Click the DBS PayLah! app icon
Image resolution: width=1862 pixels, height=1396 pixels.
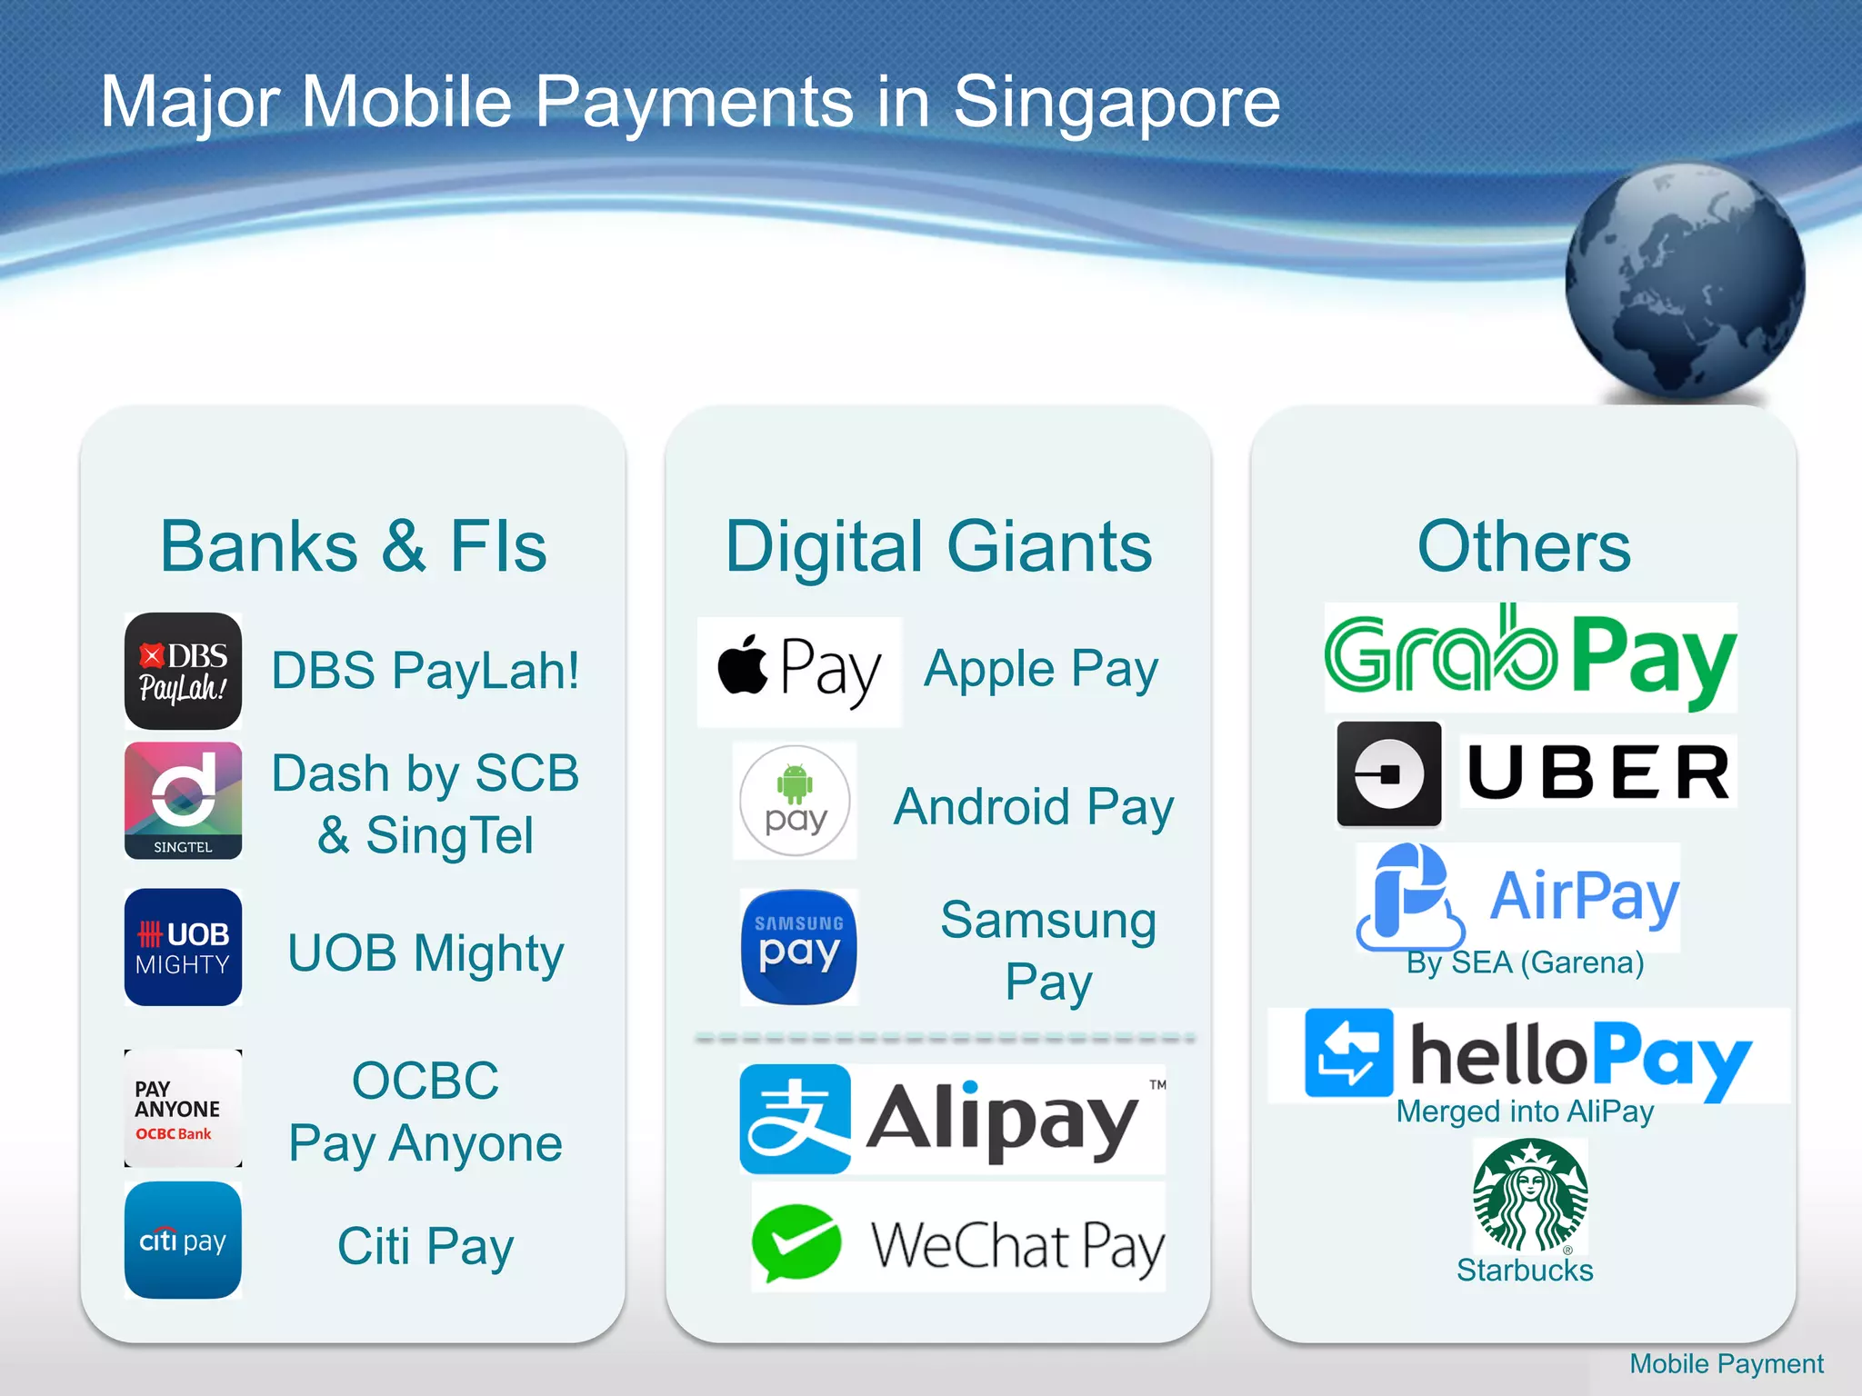pos(183,671)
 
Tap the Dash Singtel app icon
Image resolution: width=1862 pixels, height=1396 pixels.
pos(183,801)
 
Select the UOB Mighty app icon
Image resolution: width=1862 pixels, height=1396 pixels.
pos(183,947)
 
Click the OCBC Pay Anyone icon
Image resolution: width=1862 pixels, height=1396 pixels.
pos(183,1108)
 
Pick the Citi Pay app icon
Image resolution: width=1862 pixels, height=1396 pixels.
pos(183,1240)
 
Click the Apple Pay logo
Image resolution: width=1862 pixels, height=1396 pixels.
pos(799,672)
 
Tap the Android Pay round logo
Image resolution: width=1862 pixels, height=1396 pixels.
pos(795,801)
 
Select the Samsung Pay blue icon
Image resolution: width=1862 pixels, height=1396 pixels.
pos(799,947)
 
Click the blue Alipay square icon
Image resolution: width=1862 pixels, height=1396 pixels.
pos(795,1119)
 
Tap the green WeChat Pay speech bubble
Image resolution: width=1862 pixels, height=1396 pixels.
pos(796,1241)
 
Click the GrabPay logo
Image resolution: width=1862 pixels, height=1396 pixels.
pos(1530,657)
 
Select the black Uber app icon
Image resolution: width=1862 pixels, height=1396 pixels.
pos(1388,774)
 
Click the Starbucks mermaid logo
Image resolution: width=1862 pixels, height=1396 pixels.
pos(1530,1196)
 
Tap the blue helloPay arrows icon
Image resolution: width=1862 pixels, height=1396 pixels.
pos(1348,1052)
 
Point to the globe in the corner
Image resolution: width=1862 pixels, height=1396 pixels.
pos(1685,281)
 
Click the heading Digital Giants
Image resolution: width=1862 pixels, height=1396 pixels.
pos(938,547)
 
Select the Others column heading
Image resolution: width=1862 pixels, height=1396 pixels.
pos(1524,547)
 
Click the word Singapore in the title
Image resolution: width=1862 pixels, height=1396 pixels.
pos(1116,102)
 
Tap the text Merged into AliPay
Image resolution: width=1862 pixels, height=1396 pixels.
pos(1525,1112)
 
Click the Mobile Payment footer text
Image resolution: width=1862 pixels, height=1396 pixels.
pos(1726,1363)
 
